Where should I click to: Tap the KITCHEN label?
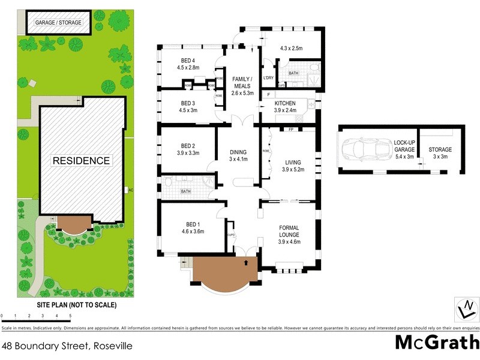285,103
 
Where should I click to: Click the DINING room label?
238,152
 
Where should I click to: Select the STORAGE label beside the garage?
440,149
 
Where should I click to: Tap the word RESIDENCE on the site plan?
81,161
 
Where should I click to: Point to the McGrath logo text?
437,343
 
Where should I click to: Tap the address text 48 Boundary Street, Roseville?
67,346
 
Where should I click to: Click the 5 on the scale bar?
70,314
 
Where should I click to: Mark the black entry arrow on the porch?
245,262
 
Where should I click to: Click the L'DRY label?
268,77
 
